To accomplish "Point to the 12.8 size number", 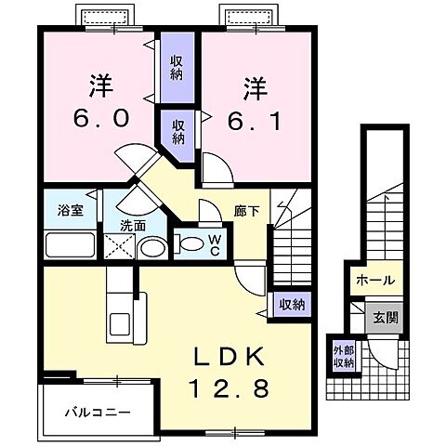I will point(232,387).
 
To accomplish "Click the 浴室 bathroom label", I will point(72,209).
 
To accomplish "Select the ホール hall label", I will point(374,280).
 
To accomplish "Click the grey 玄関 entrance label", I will point(386,316).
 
